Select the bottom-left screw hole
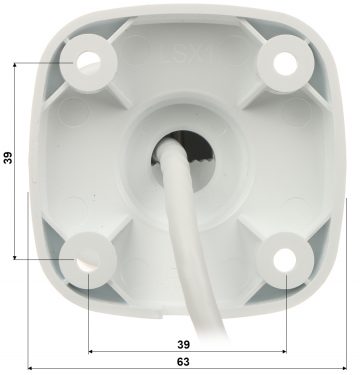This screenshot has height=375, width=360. point(85,258)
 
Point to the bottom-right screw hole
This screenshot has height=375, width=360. point(283,258)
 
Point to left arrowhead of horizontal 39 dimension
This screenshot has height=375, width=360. point(91,351)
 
